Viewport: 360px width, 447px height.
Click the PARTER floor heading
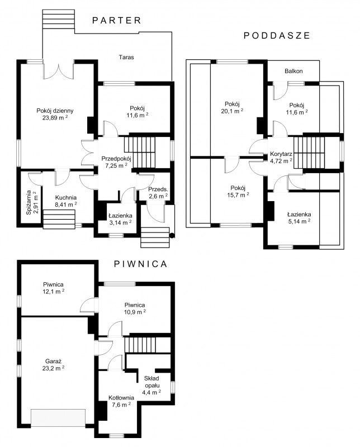(x=117, y=20)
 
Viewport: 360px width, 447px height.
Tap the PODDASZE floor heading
(x=277, y=35)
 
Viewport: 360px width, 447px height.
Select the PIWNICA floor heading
(x=140, y=264)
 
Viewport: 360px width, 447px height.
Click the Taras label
(x=126, y=57)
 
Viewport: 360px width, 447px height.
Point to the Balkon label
(x=293, y=71)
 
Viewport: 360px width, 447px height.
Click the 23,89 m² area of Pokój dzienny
(x=55, y=117)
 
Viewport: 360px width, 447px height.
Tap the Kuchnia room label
(x=66, y=197)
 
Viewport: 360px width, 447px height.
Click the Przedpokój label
(x=116, y=159)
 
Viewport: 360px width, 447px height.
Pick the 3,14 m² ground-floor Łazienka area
(x=120, y=222)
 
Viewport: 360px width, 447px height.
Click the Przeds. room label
(x=158, y=189)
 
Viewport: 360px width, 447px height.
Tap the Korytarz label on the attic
(x=281, y=154)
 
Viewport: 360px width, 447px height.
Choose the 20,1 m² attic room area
(x=232, y=111)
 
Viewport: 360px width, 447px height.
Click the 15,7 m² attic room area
(x=238, y=195)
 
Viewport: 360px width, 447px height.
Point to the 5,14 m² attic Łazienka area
(x=299, y=221)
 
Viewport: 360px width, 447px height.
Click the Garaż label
(x=53, y=361)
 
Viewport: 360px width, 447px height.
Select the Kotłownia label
(x=121, y=397)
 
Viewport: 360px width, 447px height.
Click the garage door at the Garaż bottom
(x=58, y=418)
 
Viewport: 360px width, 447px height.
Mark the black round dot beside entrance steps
(x=172, y=235)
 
